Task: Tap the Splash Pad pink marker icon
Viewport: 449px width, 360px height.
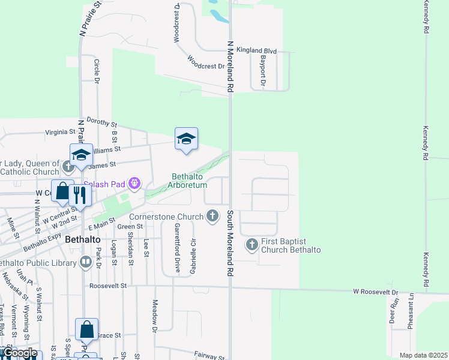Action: (134, 182)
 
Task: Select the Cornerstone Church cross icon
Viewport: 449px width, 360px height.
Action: (212, 215)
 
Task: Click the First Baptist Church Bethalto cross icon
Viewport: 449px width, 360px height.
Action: (252, 244)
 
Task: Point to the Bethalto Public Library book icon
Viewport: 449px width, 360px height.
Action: (84, 262)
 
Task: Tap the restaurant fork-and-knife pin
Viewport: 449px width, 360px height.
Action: (79, 193)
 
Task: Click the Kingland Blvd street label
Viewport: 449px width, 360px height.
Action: (256, 52)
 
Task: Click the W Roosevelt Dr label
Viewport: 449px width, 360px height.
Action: (375, 292)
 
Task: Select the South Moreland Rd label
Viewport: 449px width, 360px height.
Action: (229, 242)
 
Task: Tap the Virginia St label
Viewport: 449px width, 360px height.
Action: (61, 132)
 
